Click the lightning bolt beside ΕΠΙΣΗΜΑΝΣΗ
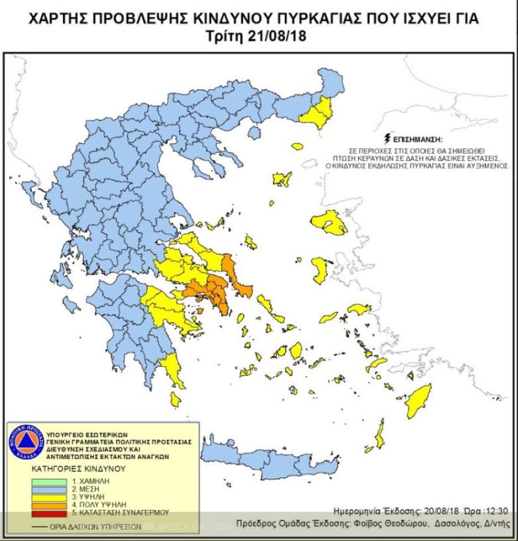click(x=387, y=140)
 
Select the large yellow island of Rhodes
click(x=419, y=400)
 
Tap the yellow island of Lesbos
click(x=330, y=223)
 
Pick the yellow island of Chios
click(x=320, y=269)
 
